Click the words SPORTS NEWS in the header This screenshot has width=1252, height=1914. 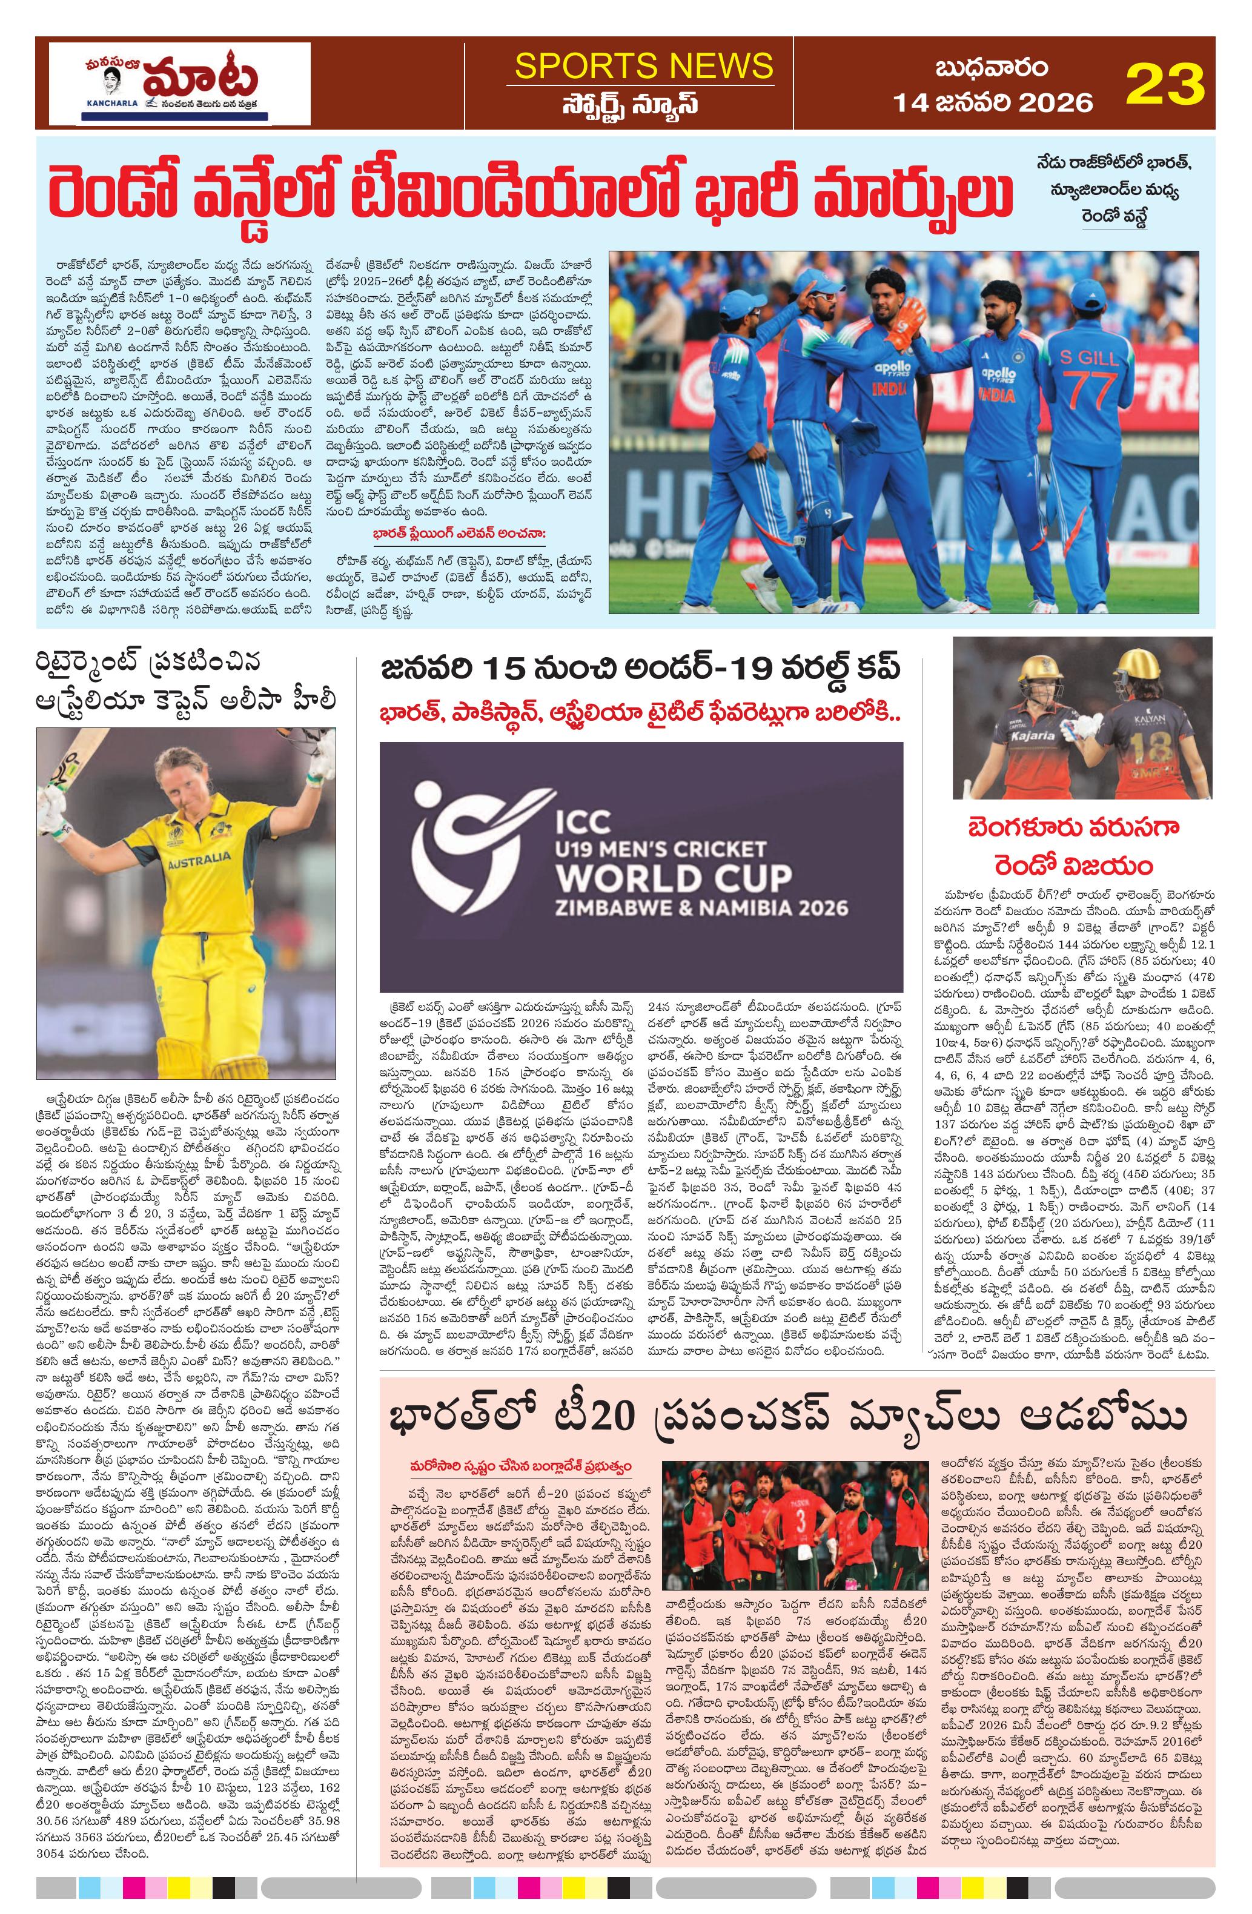[x=643, y=65]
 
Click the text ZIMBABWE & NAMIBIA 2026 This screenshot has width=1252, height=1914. [x=701, y=908]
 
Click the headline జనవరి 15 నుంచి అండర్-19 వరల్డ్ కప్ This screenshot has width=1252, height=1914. [x=640, y=667]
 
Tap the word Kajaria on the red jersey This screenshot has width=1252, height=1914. [x=1033, y=735]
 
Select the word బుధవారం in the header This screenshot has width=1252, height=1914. [x=992, y=68]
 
